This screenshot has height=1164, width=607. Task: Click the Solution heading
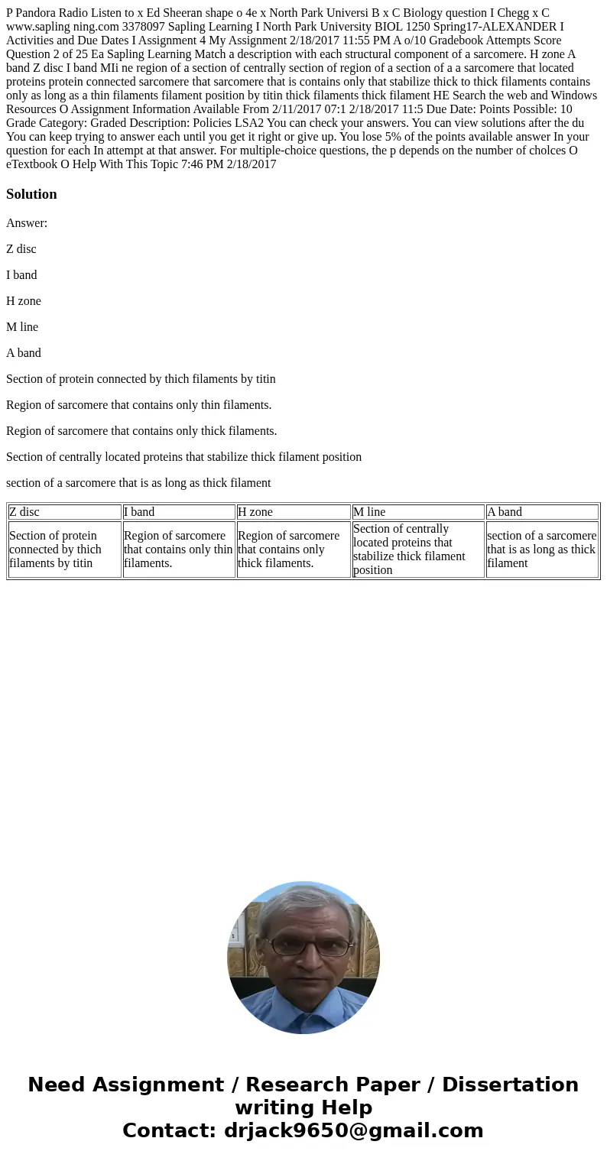[31, 194]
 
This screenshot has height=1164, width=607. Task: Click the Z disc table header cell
[64, 512]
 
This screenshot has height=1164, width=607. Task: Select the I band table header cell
[179, 512]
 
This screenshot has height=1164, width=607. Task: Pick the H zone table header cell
[294, 512]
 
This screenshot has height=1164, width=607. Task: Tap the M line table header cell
[417, 512]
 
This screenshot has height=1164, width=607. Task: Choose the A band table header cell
[542, 512]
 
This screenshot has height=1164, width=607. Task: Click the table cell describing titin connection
[64, 550]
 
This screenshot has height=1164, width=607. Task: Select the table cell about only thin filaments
[179, 550]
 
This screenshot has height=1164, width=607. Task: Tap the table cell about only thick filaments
[294, 550]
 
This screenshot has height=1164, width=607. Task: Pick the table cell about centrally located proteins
[417, 550]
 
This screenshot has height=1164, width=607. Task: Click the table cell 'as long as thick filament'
[542, 550]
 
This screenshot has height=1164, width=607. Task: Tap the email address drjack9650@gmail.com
[353, 1130]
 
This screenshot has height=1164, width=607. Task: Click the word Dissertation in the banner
[510, 1085]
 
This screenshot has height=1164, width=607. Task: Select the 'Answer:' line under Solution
[27, 223]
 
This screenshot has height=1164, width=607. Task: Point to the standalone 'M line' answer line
[22, 327]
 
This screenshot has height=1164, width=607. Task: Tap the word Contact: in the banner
[169, 1130]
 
